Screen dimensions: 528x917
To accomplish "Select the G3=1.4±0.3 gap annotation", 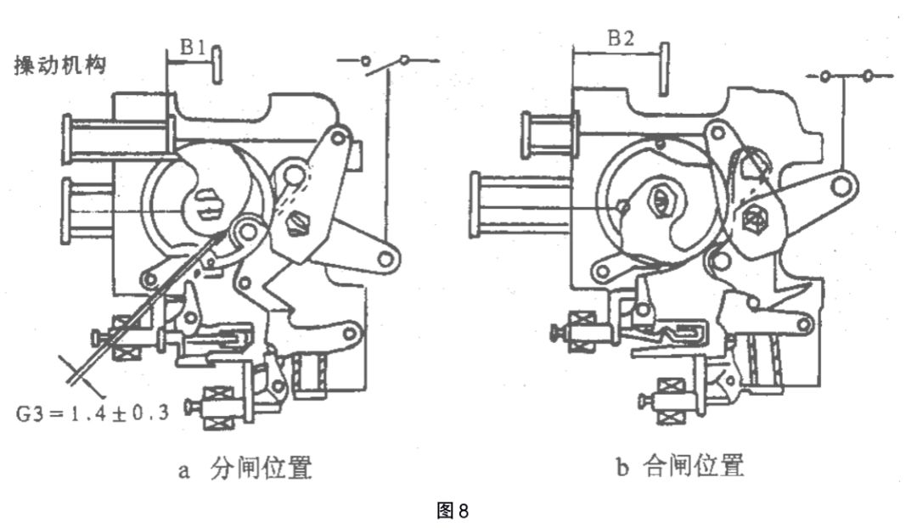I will tap(93, 413).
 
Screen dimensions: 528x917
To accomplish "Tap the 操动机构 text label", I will tap(59, 66).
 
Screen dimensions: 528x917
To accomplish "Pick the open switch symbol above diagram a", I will tap(386, 61).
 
